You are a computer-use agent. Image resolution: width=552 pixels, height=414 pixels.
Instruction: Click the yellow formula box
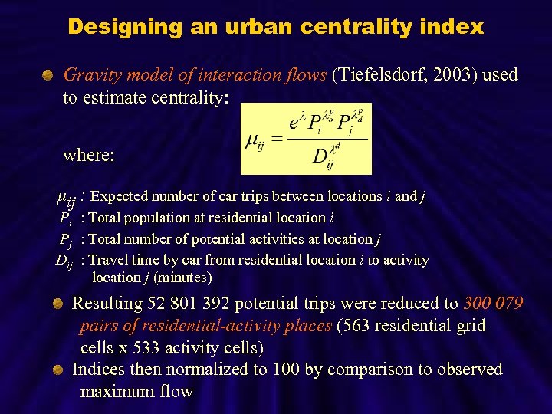306,139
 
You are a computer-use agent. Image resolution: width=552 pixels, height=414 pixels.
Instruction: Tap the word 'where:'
89,155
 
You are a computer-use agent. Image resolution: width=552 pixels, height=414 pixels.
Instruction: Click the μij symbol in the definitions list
66,198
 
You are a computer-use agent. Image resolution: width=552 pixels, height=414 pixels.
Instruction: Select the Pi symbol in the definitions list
66,219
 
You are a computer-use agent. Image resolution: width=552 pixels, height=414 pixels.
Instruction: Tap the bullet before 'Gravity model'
48,75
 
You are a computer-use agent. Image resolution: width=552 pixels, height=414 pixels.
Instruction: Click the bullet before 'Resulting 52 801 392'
58,304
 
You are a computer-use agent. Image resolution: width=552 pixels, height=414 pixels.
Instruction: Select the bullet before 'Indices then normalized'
58,370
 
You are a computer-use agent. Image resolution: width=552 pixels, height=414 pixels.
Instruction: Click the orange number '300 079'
493,304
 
